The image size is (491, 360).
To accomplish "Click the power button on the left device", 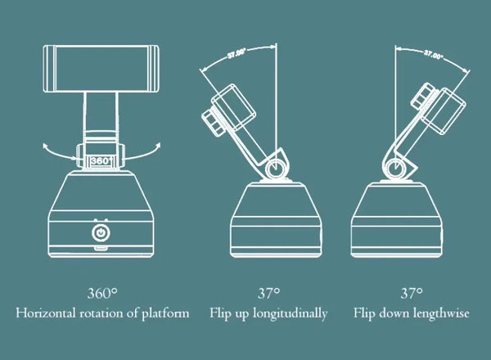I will coord(101,233).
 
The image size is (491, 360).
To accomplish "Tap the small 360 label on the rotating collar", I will coord(101,161).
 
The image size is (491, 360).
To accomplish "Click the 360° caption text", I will coord(101,292).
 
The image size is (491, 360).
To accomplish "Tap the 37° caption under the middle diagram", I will coord(268,292).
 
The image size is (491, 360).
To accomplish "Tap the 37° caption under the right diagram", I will coord(412,292).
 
